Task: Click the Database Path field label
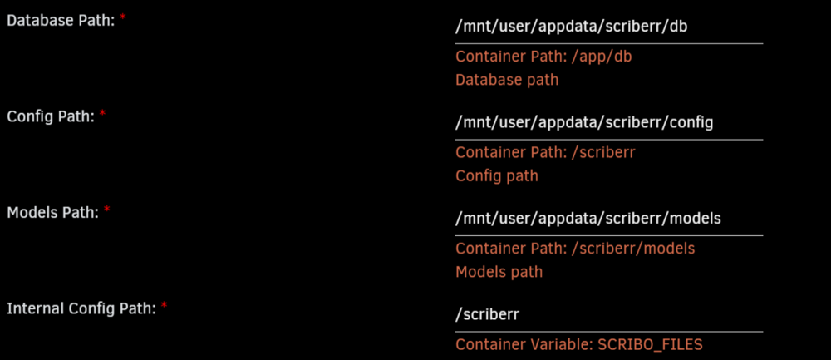click(x=61, y=22)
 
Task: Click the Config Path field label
click(x=51, y=116)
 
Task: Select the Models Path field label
click(x=53, y=213)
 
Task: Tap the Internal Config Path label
click(x=81, y=308)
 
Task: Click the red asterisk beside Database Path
click(x=123, y=18)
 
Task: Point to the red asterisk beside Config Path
click(x=102, y=113)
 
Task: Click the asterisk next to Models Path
click(x=106, y=210)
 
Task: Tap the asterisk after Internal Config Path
click(x=164, y=305)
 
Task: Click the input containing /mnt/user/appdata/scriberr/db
click(x=609, y=27)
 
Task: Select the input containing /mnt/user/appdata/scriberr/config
click(x=609, y=123)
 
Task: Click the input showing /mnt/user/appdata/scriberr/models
click(x=609, y=219)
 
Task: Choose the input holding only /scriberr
click(x=609, y=314)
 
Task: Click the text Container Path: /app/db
click(x=543, y=57)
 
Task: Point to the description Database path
click(x=507, y=80)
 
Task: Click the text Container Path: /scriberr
click(x=545, y=152)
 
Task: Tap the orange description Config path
click(x=497, y=175)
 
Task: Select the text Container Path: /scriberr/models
click(x=575, y=248)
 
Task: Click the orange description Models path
click(x=499, y=272)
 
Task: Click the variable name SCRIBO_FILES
click(x=651, y=345)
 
